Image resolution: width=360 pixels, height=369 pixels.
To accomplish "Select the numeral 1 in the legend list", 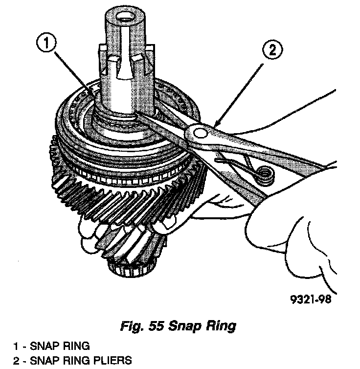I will [16, 346].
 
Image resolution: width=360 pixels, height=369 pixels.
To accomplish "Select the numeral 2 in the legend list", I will [16, 361].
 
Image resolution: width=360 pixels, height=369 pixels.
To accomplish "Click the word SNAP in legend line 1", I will [44, 346].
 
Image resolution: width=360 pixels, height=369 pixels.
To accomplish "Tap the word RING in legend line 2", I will [70, 361].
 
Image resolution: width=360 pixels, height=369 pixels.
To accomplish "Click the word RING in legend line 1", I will [74, 346].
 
